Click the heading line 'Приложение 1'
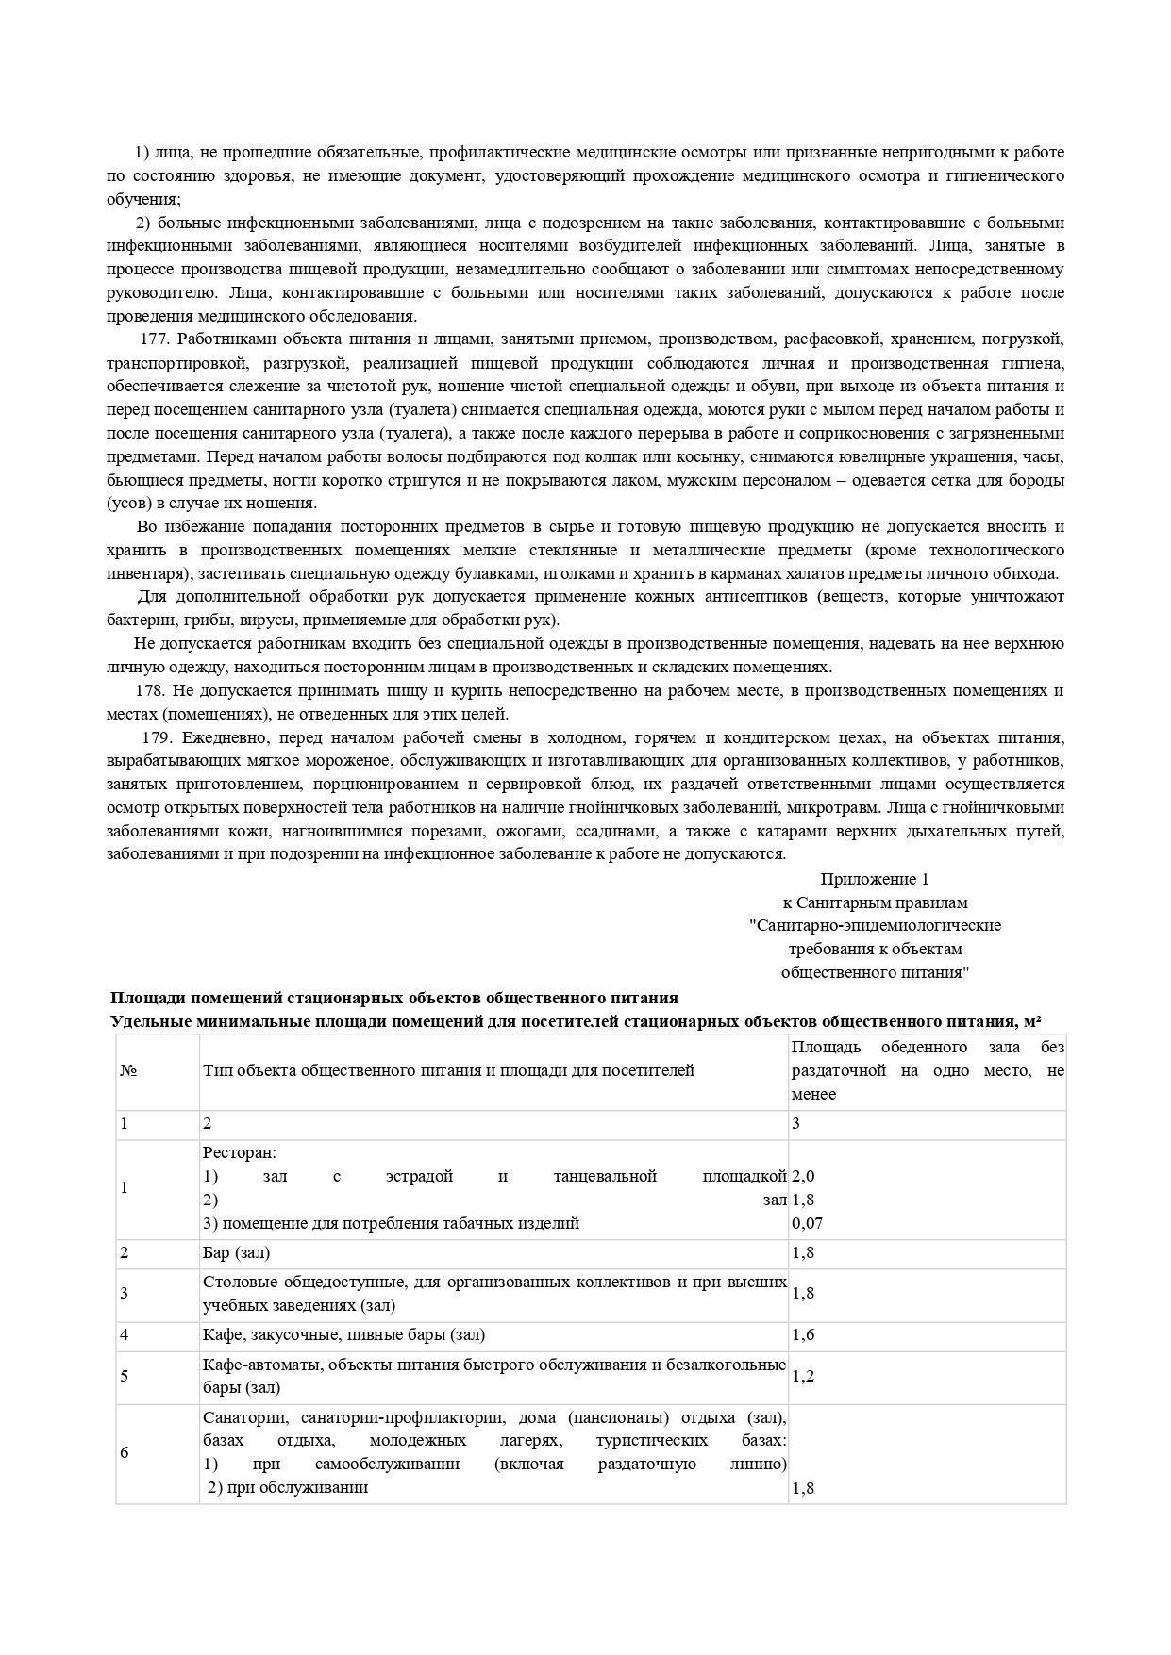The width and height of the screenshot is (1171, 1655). tap(875, 880)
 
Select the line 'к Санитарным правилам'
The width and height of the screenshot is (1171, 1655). tap(875, 902)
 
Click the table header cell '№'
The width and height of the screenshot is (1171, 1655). tap(128, 1071)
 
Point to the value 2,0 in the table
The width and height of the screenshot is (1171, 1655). tap(803, 1177)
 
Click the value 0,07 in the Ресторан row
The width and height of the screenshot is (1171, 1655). tap(807, 1224)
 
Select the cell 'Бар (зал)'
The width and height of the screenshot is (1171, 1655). tap(237, 1253)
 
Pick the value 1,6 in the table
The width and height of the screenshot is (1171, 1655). tap(803, 1335)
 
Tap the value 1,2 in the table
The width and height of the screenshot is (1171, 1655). tap(803, 1377)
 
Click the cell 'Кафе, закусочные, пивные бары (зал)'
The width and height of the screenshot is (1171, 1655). tap(344, 1335)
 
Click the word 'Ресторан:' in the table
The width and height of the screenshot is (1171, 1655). tap(240, 1153)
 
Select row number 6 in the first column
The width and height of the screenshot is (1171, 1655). tap(124, 1453)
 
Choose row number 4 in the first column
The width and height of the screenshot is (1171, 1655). tap(124, 1335)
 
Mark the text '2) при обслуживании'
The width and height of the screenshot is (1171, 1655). tap(288, 1488)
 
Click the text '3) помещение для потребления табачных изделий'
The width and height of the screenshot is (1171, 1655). tap(391, 1224)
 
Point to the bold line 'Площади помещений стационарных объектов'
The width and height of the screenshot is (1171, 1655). tap(394, 999)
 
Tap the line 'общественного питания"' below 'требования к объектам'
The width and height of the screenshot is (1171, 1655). tap(875, 973)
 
